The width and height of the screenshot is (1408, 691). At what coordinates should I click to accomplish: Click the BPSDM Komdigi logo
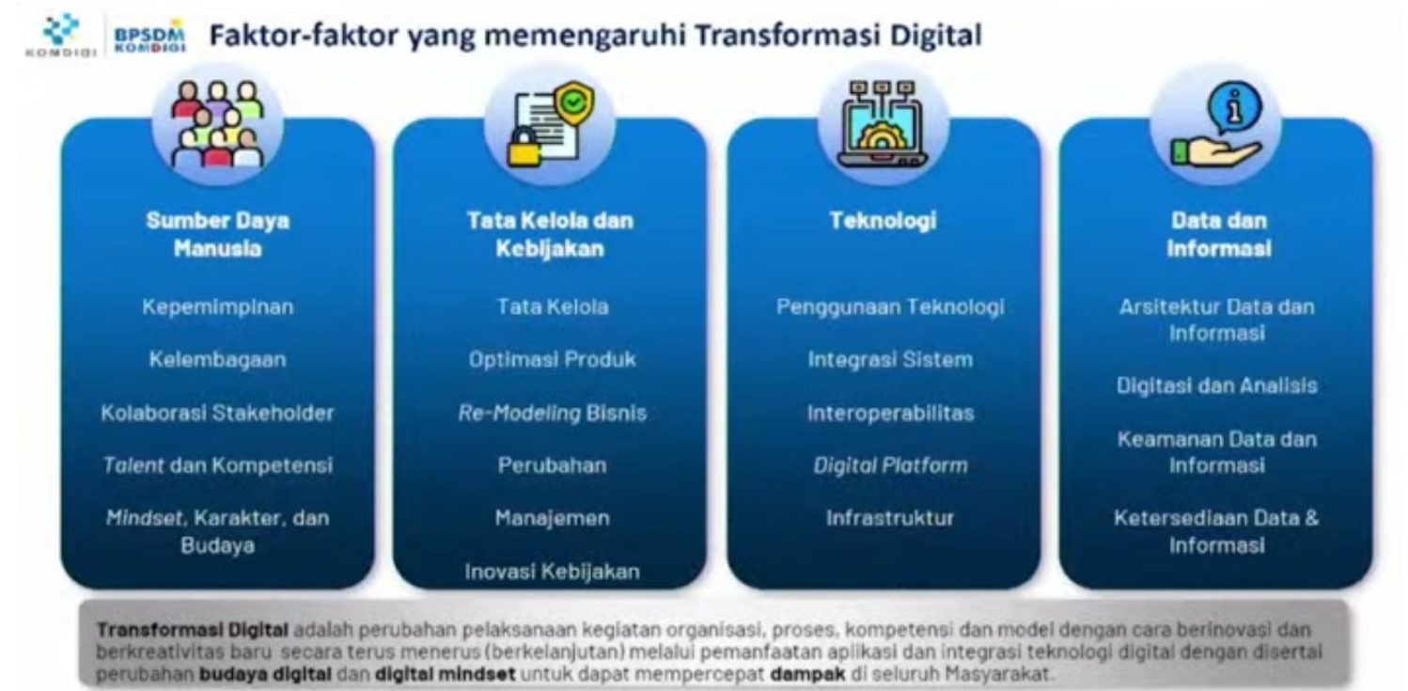[150, 37]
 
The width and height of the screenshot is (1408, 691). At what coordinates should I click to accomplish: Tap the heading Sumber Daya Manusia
[217, 234]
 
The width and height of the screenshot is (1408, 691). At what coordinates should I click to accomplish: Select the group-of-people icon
[217, 124]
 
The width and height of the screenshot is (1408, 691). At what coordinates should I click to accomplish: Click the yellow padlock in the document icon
[524, 148]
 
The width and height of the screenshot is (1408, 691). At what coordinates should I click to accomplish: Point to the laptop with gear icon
[883, 124]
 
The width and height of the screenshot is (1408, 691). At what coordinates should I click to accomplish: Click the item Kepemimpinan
[217, 306]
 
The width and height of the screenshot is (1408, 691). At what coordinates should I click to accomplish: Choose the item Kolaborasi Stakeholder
[217, 413]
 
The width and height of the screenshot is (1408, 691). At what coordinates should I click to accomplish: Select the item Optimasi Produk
[552, 360]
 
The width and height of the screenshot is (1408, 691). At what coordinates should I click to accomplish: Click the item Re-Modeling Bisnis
[552, 413]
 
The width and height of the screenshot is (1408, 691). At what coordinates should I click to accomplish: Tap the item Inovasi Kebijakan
[552, 572]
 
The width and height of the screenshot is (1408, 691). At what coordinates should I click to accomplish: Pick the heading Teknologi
[883, 221]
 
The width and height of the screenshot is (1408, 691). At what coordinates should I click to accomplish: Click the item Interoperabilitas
[891, 413]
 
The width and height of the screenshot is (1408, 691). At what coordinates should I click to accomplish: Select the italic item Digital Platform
[891, 466]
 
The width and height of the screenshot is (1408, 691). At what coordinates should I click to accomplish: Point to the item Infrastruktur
[890, 518]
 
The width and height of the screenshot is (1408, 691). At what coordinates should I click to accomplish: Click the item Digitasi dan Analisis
[1217, 385]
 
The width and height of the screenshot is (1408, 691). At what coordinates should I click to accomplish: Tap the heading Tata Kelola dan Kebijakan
[550, 234]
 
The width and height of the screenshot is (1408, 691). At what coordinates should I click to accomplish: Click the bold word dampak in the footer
[807, 675]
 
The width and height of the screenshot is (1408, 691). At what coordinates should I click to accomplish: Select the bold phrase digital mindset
[445, 674]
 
